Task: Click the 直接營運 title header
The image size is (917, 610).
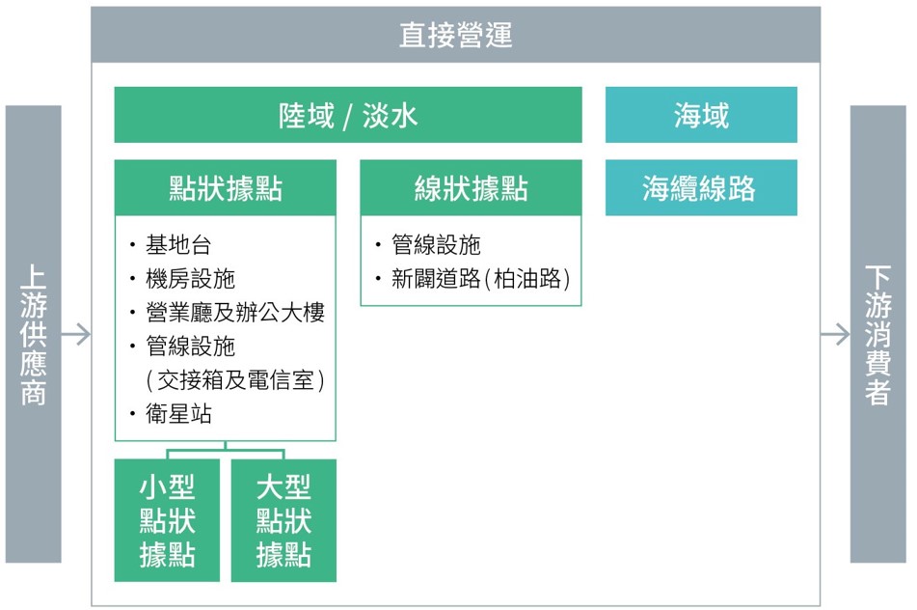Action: [455, 35]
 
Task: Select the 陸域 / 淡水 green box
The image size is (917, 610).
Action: [348, 115]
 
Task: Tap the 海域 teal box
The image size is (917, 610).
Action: [701, 115]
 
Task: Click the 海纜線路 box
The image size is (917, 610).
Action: [701, 188]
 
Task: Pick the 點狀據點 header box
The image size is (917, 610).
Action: [226, 188]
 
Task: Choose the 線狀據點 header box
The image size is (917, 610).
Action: [471, 188]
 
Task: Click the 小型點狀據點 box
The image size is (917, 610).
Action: [167, 520]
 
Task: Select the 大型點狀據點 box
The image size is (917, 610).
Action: [283, 520]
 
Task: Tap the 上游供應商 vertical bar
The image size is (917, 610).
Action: [34, 334]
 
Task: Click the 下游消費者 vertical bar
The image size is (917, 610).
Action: [877, 334]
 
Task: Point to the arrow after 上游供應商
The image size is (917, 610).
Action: [76, 335]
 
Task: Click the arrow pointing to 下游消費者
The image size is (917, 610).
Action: [835, 335]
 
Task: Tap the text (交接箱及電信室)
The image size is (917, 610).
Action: [234, 380]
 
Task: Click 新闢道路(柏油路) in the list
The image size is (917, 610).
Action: [480, 279]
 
